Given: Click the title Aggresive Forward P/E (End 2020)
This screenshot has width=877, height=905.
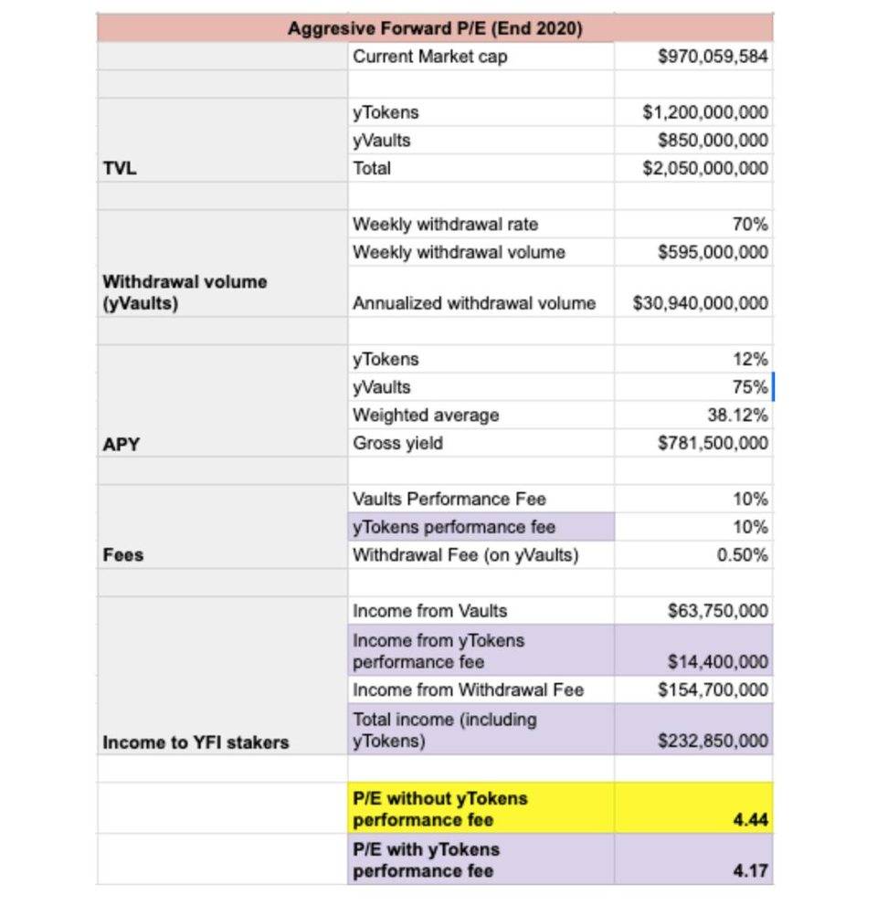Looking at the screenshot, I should click(435, 28).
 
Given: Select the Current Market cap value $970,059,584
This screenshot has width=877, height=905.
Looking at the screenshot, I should click(713, 57).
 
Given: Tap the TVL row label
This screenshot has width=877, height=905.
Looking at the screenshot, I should click(119, 168).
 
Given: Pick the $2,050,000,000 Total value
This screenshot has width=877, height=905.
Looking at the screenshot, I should click(705, 168).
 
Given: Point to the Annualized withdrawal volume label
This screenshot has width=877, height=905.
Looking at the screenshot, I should click(474, 303).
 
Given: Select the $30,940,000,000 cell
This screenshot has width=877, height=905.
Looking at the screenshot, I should click(701, 303).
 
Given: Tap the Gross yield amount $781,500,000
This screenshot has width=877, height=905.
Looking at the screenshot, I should click(713, 443).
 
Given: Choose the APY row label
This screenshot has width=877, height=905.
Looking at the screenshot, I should click(120, 444).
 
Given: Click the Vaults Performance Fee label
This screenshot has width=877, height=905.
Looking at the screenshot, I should click(449, 499).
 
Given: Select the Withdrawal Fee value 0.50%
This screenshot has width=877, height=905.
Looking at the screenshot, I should click(743, 554).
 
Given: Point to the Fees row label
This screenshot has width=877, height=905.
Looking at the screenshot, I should click(123, 555).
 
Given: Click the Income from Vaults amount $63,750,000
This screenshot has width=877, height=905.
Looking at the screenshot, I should click(718, 611).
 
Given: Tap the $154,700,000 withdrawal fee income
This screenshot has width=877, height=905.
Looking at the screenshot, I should click(713, 689).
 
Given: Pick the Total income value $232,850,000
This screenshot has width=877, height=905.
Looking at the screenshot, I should click(713, 741).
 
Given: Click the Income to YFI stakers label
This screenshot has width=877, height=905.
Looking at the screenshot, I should click(195, 742).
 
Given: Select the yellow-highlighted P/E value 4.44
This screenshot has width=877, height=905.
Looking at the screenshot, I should click(750, 820).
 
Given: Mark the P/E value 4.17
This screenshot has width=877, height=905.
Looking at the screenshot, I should click(750, 871).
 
